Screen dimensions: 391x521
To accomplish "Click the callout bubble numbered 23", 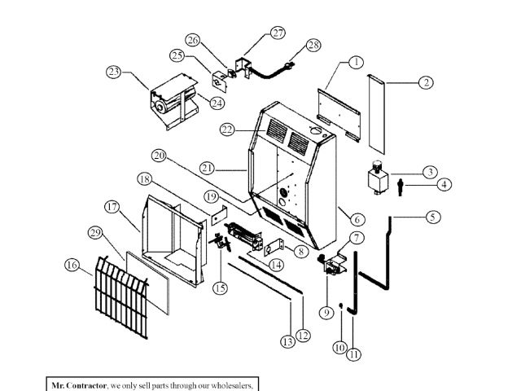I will (112, 72).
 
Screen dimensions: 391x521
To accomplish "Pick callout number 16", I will (71, 265).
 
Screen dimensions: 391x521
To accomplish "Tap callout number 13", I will (287, 342).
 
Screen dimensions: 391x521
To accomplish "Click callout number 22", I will (228, 129).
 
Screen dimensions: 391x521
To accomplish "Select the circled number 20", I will (158, 155).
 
